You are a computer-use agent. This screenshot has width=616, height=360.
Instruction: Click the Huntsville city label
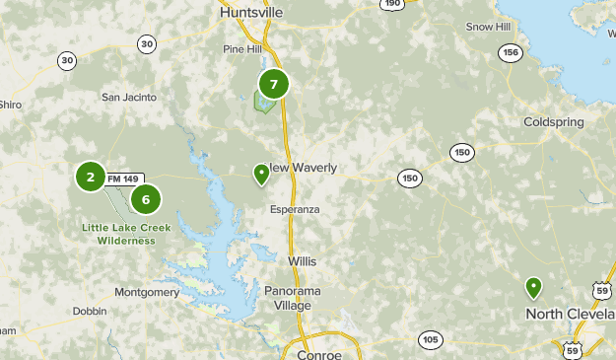coord(249,12)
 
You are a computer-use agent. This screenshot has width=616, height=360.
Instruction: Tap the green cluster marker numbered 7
coord(274,84)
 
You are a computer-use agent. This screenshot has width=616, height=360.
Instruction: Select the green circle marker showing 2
coord(91,178)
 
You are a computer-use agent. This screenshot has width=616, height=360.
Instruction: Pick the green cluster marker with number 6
coord(146,200)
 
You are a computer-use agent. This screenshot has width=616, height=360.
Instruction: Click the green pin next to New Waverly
coord(261,174)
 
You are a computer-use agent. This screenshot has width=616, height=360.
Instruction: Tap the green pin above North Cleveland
coord(533,287)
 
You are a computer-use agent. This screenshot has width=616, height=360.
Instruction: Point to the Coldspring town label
coord(554,123)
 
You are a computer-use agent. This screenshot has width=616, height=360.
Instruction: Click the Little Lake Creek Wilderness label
coord(126,234)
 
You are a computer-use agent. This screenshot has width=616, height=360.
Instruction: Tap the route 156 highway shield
coord(510,53)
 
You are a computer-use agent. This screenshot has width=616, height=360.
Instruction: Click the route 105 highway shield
coord(429,340)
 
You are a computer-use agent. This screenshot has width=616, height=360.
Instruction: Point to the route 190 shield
coord(392,4)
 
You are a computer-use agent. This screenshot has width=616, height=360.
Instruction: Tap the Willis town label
coord(303,261)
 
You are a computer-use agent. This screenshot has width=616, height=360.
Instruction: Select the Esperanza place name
coord(297,210)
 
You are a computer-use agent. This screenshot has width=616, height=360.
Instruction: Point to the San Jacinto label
coord(129,97)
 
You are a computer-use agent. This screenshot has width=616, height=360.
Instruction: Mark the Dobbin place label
coord(89,311)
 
